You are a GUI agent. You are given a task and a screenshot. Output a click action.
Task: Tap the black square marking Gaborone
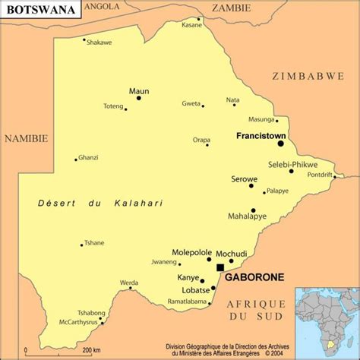point(220,267)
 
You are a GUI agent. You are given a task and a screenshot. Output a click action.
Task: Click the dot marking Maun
point(139,98)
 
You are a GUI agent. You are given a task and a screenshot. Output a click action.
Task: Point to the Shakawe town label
point(99,43)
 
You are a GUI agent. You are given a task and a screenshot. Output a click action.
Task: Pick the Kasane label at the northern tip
point(192,25)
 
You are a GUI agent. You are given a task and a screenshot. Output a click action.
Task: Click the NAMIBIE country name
point(26,138)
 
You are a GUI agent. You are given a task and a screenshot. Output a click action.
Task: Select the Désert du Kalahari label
point(100,203)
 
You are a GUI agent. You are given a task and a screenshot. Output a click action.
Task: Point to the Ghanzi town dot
point(76,159)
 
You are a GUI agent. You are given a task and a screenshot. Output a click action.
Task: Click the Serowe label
point(245,179)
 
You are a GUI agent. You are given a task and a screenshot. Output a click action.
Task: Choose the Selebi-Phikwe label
point(292,165)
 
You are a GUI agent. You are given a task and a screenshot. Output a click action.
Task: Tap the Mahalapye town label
point(247,216)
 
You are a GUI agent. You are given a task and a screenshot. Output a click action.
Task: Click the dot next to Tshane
point(82,245)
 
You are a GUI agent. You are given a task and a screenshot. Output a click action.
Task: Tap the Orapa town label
point(201,140)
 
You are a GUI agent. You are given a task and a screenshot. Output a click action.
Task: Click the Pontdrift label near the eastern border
point(319,175)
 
